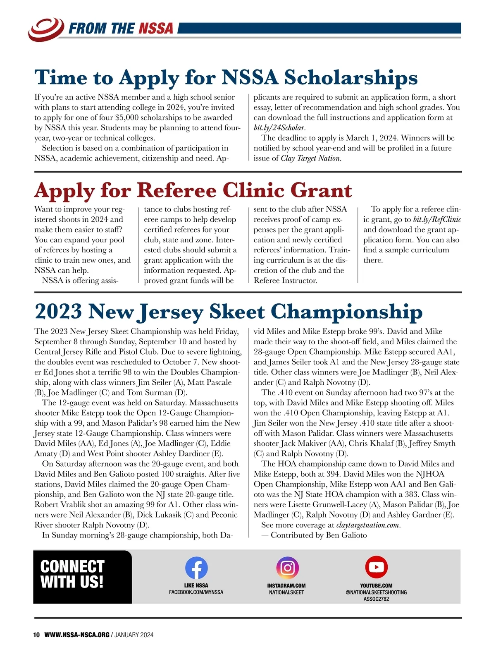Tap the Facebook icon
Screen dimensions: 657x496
(196, 568)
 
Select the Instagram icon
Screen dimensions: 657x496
(286, 568)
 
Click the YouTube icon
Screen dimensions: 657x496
(376, 567)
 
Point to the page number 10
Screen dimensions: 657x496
(36, 635)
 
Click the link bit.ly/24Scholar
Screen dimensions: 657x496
(279, 128)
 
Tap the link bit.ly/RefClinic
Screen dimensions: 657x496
(437, 220)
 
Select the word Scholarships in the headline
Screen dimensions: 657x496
(351, 77)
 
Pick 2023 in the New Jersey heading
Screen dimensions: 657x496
(58, 312)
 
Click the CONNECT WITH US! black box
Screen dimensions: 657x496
(83, 577)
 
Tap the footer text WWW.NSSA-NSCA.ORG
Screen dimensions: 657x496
(77, 635)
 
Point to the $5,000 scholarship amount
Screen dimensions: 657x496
(127, 117)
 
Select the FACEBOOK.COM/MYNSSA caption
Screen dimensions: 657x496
(196, 592)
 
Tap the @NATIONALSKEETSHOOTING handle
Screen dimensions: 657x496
(376, 592)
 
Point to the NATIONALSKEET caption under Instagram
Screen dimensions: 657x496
(286, 592)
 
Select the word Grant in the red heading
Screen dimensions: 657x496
(321, 190)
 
